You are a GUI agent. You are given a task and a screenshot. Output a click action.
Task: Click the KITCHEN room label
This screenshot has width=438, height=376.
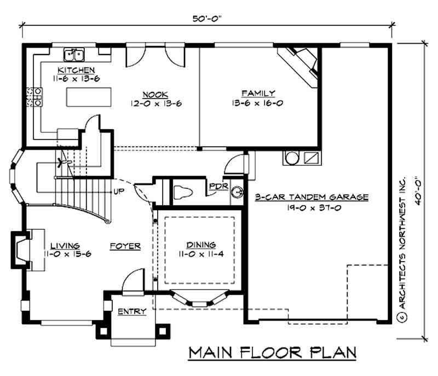77,71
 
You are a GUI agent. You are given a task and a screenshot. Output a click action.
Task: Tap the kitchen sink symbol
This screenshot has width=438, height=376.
74,54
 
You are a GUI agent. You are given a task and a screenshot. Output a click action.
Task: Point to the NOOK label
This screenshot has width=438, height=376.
155,94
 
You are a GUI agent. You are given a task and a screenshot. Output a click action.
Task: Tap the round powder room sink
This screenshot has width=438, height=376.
237,193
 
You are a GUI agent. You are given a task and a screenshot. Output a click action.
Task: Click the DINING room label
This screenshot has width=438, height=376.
200,245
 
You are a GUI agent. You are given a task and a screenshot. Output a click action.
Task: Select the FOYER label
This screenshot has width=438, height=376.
125,246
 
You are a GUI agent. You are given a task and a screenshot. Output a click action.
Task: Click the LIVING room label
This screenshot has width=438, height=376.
65,245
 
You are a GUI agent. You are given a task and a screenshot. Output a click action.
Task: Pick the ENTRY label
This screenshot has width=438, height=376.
132,311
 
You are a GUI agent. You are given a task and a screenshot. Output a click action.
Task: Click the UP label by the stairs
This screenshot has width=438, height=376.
118,191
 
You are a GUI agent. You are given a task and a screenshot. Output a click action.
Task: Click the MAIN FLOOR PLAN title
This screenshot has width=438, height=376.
273,352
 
